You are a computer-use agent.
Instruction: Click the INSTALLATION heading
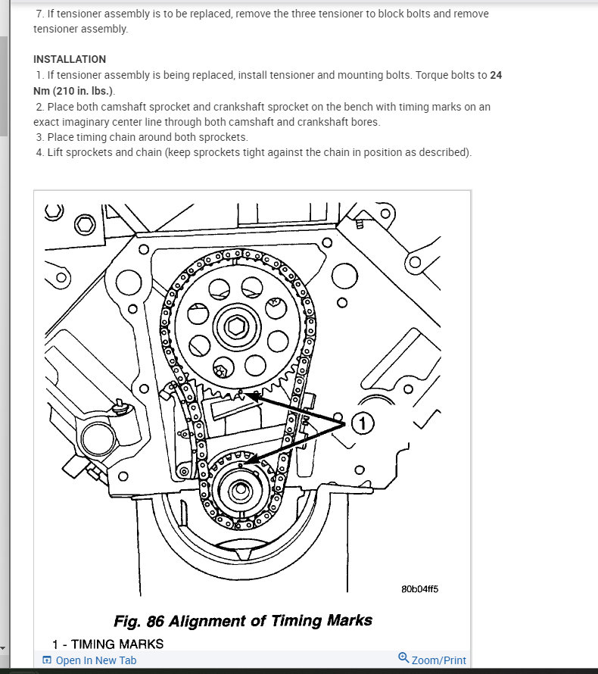tap(70, 59)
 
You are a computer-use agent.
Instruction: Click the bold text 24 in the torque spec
tap(496, 75)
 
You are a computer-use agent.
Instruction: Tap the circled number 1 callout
tap(362, 424)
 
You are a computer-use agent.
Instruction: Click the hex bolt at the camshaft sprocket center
tap(234, 328)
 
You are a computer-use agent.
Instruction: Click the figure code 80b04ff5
tap(420, 589)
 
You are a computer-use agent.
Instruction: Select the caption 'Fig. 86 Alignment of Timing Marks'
tap(242, 621)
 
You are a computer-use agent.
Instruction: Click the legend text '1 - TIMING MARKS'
tap(107, 644)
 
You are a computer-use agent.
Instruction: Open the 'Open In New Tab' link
tap(96, 660)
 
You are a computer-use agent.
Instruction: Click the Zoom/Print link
tap(439, 660)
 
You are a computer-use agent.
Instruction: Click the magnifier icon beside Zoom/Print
tap(403, 658)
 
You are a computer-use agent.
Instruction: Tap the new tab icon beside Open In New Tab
tap(47, 660)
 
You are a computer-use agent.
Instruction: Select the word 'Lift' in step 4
tap(58, 152)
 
